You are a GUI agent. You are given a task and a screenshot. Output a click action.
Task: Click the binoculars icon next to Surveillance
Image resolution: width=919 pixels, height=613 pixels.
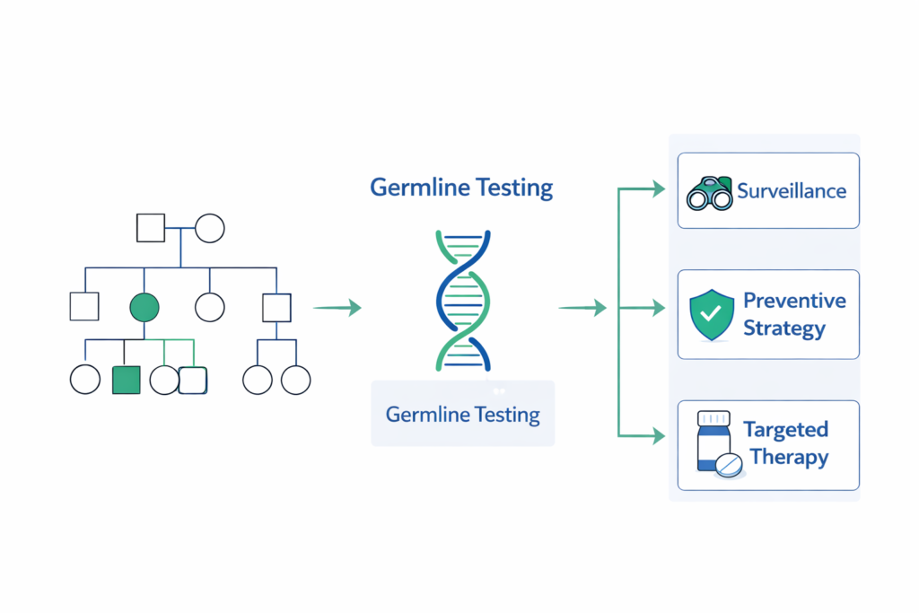point(710,192)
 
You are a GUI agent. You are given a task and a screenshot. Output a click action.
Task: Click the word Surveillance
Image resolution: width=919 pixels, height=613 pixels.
point(792,190)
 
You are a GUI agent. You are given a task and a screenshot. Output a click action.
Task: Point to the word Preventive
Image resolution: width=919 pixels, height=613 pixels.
point(794,300)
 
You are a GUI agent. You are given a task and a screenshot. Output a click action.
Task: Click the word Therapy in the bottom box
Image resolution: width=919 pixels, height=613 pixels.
point(789,457)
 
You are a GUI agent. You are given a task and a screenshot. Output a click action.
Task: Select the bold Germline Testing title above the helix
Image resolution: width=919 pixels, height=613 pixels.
point(461,188)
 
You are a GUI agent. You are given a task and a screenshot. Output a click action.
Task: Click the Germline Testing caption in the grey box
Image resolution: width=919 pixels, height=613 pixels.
point(462,415)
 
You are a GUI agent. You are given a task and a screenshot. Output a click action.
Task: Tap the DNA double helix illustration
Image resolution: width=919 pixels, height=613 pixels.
point(463,300)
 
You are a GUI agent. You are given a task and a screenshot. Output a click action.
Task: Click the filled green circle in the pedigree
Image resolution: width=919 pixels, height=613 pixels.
point(144,308)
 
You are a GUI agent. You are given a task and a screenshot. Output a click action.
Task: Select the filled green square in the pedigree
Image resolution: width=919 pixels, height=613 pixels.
point(126,381)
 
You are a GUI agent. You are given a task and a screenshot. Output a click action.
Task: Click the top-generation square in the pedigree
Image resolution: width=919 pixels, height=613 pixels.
point(150,228)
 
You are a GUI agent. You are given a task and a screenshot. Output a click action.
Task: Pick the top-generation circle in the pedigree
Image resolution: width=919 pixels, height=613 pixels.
point(209,228)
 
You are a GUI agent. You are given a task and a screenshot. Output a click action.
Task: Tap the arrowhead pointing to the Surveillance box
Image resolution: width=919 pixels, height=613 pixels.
point(659,188)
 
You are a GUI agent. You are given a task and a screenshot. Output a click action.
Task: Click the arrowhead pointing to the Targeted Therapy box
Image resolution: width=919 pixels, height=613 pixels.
point(659,436)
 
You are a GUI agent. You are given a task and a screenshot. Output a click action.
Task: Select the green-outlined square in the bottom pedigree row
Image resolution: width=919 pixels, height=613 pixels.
point(193,381)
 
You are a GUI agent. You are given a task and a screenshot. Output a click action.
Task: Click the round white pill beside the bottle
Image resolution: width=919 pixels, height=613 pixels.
point(729,464)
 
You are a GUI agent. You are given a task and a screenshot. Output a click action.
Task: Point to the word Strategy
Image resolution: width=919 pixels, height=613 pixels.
point(783,328)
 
